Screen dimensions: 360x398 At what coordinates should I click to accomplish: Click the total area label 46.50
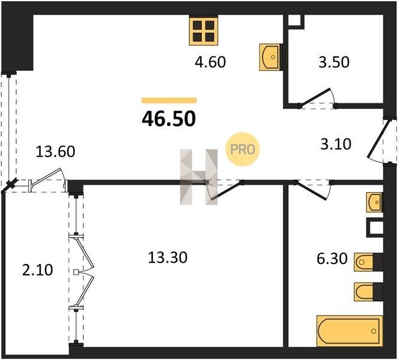point(168,118)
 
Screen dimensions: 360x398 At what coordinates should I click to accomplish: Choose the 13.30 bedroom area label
point(168,257)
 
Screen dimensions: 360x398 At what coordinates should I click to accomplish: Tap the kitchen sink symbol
point(270,57)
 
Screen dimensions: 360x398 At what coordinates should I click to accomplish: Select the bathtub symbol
point(348,331)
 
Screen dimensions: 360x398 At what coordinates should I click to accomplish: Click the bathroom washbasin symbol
point(374,202)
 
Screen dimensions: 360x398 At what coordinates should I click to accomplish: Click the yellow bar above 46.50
point(169,100)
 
